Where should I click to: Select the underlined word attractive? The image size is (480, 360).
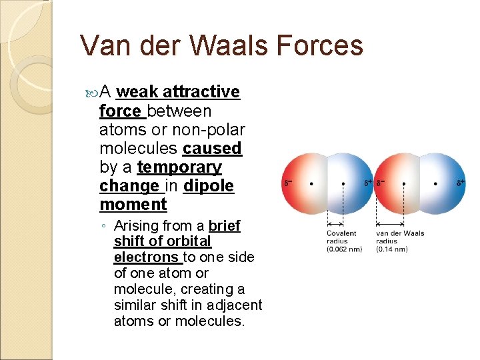pyautogui.click(x=201, y=92)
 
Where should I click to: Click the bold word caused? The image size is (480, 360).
pyautogui.click(x=212, y=148)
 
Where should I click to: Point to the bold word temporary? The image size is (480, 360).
pyautogui.click(x=179, y=167)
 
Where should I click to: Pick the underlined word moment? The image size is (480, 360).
pyautogui.click(x=133, y=204)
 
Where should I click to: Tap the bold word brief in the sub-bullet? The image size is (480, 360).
pyautogui.click(x=224, y=227)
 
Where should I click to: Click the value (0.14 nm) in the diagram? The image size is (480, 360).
pyautogui.click(x=392, y=249)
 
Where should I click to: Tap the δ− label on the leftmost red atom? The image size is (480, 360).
pyautogui.click(x=289, y=181)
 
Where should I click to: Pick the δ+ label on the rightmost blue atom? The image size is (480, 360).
pyautogui.click(x=461, y=181)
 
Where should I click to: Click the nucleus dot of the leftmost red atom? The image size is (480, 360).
pyautogui.click(x=312, y=182)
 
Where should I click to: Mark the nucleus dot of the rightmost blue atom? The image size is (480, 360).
pyautogui.click(x=435, y=182)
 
